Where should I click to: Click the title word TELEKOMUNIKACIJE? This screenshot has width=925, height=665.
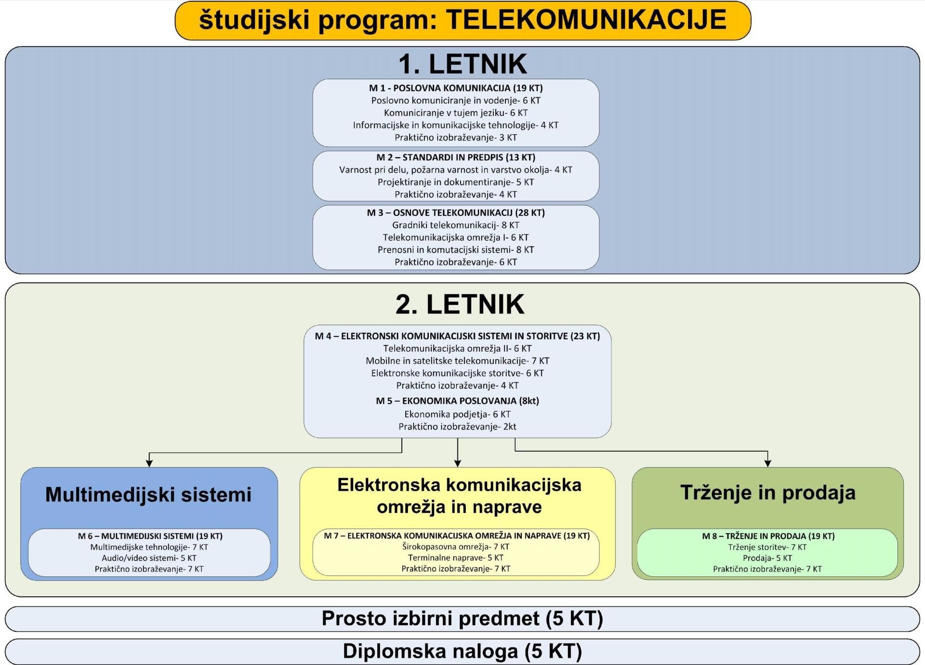point(586,20)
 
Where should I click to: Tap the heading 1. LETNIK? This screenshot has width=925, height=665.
point(462,64)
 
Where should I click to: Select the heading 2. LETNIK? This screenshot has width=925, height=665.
point(460,304)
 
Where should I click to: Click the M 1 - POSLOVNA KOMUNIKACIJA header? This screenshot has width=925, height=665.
point(456,88)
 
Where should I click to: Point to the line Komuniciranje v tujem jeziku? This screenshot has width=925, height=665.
point(456,113)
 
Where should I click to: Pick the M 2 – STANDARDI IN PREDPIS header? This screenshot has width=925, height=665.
point(456,157)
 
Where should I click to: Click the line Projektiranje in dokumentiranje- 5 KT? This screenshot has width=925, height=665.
point(456,182)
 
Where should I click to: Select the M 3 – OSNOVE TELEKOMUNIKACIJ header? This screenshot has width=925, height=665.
point(456,213)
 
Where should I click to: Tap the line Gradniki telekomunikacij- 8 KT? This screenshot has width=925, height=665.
point(456,225)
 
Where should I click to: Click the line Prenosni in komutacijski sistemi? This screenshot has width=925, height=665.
point(456,249)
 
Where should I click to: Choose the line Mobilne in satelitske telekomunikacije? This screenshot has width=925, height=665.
point(457,361)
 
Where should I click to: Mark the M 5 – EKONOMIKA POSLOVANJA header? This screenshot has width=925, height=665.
point(457,401)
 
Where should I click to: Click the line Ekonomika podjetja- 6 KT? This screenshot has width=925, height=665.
point(457,414)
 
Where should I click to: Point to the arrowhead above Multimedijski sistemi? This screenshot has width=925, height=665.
point(149,463)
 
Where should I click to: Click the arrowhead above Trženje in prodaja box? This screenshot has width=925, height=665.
point(767,463)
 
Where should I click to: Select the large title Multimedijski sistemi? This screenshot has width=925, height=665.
point(148,495)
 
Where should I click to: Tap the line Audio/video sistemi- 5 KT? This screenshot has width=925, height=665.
point(149,558)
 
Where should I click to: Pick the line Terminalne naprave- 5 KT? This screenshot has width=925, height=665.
point(456,558)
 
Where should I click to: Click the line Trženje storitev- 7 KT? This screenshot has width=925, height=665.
point(767,547)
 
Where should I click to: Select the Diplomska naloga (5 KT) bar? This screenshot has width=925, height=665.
point(462,652)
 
